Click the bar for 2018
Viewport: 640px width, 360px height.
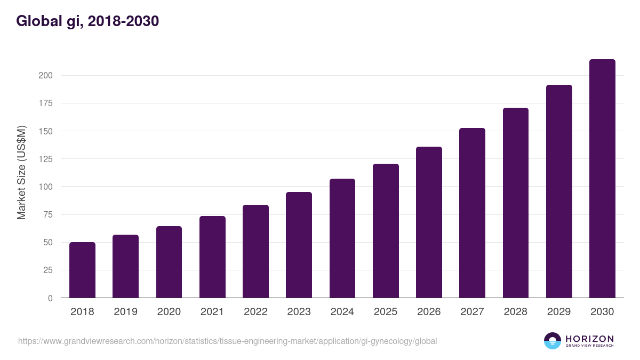click(82, 270)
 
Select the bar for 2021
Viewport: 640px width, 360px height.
click(212, 257)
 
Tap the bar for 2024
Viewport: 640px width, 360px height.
click(342, 238)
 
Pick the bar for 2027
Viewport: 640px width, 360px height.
click(472, 213)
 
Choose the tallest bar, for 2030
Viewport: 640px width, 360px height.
click(602, 179)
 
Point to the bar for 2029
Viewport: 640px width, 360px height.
click(559, 191)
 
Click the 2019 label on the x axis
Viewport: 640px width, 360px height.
click(125, 312)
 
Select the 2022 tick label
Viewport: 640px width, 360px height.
click(255, 312)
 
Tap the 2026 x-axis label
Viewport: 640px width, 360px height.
click(429, 312)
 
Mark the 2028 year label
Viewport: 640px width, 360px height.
click(515, 312)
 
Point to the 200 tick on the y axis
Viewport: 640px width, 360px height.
click(45, 75)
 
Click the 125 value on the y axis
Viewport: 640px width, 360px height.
click(45, 159)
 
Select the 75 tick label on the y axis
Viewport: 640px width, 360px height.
click(47, 214)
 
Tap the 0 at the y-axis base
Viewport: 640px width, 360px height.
click(50, 298)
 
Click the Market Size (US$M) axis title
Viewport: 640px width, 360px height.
click(21, 173)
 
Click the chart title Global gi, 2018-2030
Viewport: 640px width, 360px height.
click(87, 21)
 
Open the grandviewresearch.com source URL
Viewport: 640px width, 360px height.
click(227, 341)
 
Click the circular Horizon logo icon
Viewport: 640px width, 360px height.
click(553, 341)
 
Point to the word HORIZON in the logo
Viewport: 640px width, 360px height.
click(589, 339)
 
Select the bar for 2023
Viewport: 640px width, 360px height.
click(299, 245)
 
